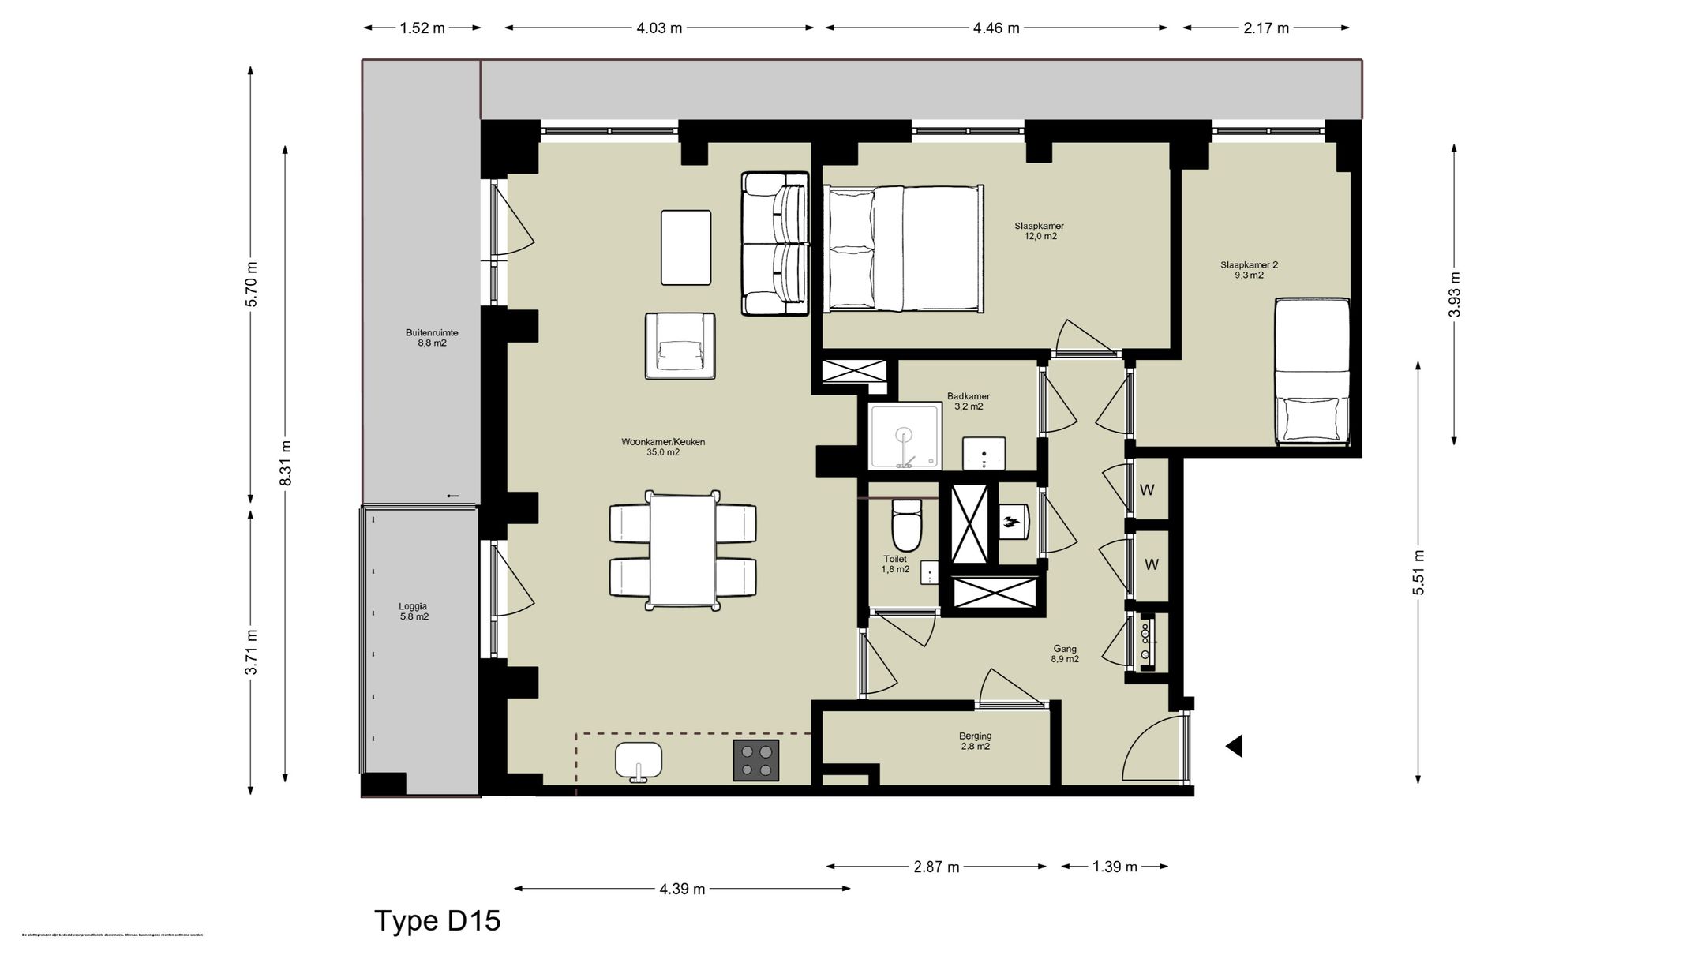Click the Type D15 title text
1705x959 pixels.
[x=437, y=921]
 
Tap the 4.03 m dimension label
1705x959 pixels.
[x=659, y=28]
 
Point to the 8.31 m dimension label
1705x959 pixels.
[x=286, y=463]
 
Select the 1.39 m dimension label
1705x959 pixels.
[x=1115, y=867]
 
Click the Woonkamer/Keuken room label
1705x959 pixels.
[x=663, y=447]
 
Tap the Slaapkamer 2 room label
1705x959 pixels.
[x=1249, y=270]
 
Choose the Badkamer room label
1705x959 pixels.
[x=969, y=401]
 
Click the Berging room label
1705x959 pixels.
[x=976, y=740]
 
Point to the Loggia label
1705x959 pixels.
[x=414, y=612]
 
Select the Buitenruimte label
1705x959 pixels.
[x=432, y=338]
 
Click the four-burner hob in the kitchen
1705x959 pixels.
[x=755, y=760]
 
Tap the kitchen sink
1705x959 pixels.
[x=639, y=760]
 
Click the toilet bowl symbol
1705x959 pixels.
[x=906, y=526]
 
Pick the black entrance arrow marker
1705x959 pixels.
[x=1234, y=746]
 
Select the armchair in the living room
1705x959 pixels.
[x=680, y=346]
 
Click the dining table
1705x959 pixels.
[x=682, y=550]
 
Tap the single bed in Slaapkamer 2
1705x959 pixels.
[x=1312, y=371]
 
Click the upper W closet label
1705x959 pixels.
[x=1147, y=490]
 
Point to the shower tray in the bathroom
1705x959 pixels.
[x=905, y=436]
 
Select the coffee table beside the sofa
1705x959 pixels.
[x=686, y=247]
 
